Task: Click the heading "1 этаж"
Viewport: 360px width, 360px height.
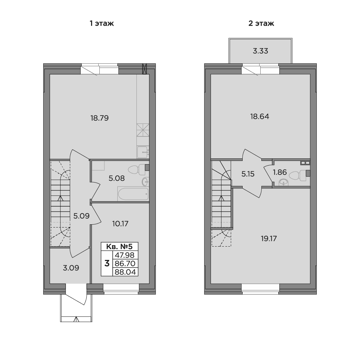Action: [x=102, y=23]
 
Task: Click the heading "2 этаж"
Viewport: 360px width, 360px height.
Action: [x=261, y=23]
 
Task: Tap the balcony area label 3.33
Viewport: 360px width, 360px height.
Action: [x=260, y=51]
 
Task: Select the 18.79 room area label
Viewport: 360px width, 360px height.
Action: [x=99, y=118]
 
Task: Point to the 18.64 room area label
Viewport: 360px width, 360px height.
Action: [x=260, y=116]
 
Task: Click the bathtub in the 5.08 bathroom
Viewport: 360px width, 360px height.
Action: [x=133, y=194]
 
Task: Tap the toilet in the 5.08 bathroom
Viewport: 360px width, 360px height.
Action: [x=136, y=170]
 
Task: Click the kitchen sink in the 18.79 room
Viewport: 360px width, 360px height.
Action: [x=143, y=152]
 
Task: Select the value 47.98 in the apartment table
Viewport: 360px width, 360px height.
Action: [x=125, y=255]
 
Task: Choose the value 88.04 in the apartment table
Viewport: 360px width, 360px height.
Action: [x=125, y=272]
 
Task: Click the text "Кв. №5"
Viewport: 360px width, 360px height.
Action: [x=120, y=247]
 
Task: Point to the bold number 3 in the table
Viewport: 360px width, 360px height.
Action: [x=107, y=264]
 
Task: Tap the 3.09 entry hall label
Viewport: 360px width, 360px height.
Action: [x=71, y=268]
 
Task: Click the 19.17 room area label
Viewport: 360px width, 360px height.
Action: [x=269, y=239]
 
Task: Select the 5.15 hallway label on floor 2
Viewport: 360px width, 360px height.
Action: [x=248, y=174]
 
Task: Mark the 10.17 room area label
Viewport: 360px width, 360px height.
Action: [x=120, y=224]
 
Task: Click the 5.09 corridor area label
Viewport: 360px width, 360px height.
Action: [x=81, y=216]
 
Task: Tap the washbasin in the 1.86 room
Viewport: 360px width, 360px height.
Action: [x=284, y=182]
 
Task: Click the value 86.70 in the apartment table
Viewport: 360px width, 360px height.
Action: [x=125, y=264]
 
